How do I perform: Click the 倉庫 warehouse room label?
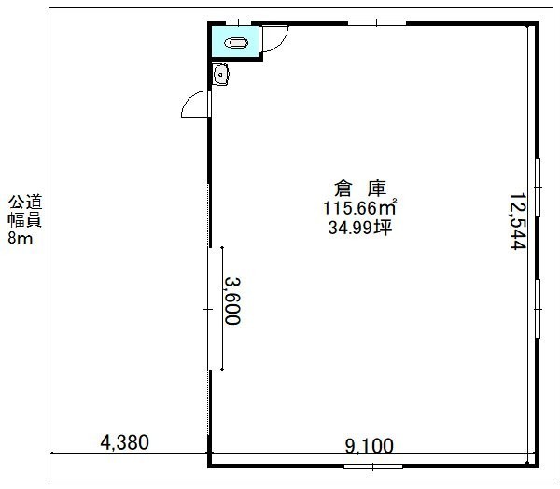tap(360, 189)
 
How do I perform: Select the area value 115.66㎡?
tap(360, 207)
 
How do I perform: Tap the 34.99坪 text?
tap(360, 227)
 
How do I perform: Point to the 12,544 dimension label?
tap(517, 221)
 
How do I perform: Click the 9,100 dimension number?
tap(370, 445)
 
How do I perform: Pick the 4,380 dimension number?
tap(124, 442)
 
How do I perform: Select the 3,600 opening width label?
tap(232, 301)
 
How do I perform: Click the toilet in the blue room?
tap(236, 43)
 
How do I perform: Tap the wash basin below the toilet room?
tap(220, 75)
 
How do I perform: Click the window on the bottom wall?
tap(373, 467)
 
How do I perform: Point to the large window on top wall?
tap(377, 23)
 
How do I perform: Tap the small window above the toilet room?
tap(239, 22)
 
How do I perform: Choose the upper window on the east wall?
tap(538, 187)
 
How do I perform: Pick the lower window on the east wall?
tap(538, 309)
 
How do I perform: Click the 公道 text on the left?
tap(25, 202)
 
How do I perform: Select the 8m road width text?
tap(21, 238)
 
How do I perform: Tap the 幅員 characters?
tap(25, 219)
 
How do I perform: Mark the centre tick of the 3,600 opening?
tap(208, 309)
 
